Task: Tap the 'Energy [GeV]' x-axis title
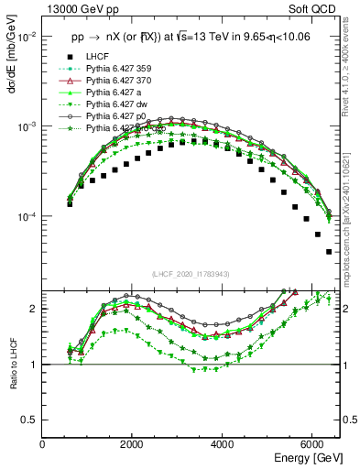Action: (x=310, y=456)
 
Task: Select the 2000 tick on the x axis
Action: (x=133, y=443)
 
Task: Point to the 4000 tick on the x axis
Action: (x=223, y=443)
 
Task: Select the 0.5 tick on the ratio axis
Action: (x=29, y=420)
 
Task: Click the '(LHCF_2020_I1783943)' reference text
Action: (x=191, y=273)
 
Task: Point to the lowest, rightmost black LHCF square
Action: (x=329, y=251)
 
